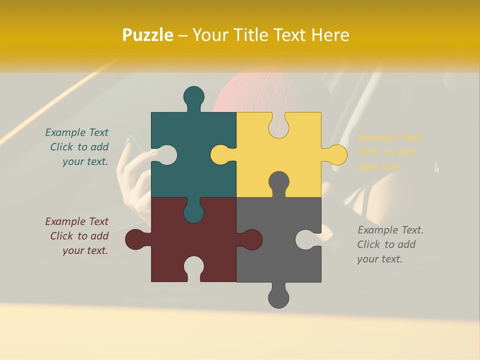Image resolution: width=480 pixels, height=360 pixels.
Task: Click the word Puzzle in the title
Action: pyautogui.click(x=148, y=35)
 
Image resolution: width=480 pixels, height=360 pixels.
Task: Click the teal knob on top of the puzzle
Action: pyautogui.click(x=194, y=97)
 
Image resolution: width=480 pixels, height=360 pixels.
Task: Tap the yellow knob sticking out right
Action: pyautogui.click(x=335, y=154)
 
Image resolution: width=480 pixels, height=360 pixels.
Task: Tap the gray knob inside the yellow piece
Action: pyautogui.click(x=278, y=183)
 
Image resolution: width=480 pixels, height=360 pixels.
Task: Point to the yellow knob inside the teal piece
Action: pyautogui.click(x=222, y=154)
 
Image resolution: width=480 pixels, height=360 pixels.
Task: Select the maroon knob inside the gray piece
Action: pyautogui.click(x=250, y=239)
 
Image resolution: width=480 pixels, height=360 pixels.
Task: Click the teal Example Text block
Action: pyautogui.click(x=78, y=147)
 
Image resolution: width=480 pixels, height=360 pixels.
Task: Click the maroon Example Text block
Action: pyautogui.click(x=78, y=236)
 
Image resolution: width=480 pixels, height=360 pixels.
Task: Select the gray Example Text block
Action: pyautogui.click(x=389, y=244)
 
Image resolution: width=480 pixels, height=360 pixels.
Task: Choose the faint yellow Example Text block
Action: pyautogui.click(x=389, y=152)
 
